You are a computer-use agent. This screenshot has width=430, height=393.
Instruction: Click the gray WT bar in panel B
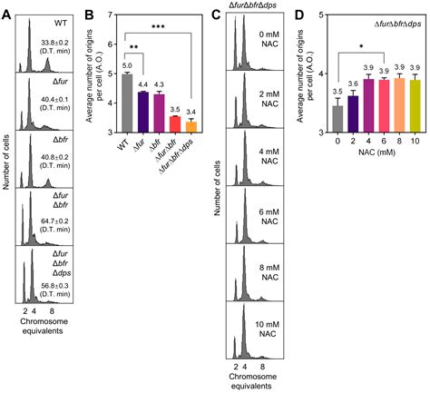coord(128,103)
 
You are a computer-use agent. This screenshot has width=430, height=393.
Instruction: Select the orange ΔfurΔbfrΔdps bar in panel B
coord(191,127)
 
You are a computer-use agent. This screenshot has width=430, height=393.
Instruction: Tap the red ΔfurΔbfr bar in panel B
coord(175,124)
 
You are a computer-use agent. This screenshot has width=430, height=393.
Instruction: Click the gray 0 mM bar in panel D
coord(337,119)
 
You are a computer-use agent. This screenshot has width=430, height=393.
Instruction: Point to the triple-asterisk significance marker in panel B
coord(158,26)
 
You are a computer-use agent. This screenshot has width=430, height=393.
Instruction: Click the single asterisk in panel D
coord(361,47)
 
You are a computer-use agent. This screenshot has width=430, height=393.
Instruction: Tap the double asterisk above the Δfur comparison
coord(134,47)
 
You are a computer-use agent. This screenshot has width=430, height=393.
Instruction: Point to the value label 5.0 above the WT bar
coord(127,65)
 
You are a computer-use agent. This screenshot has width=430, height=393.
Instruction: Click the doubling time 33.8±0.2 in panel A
coord(55,42)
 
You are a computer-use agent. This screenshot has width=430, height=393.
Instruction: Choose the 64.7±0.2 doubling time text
coord(55,221)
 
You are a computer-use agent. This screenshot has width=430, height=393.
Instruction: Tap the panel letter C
coord(216,15)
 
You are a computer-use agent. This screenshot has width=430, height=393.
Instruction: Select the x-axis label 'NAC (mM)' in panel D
coord(376,152)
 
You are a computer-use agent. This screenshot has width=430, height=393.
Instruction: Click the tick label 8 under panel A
coord(52,310)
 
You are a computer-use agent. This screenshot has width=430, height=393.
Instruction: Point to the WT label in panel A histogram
coord(62,23)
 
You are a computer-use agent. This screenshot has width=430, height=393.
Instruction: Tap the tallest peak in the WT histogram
coord(29,19)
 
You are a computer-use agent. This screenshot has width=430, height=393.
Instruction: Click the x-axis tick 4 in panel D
coord(369,141)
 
